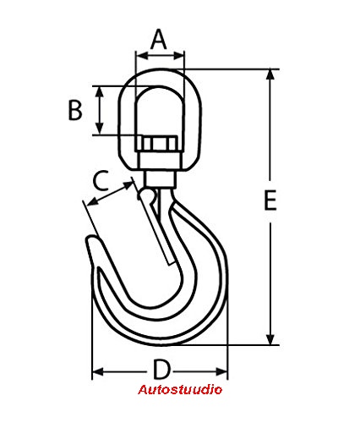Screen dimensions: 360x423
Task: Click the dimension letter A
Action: tap(159, 39)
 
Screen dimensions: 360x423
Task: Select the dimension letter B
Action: tap(75, 110)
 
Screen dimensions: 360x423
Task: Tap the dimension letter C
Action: tap(101, 180)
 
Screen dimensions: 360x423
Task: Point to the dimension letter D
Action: tap(161, 369)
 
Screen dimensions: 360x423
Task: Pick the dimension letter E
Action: tap(270, 201)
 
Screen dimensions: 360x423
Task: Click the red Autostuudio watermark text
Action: tap(180, 390)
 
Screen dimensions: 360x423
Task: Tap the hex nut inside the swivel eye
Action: tap(156, 144)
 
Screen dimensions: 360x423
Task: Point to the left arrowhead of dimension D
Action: tap(98, 371)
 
